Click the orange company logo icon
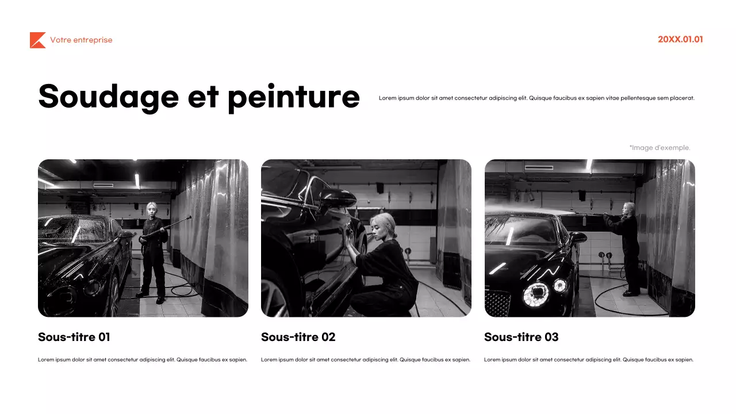tap(37, 40)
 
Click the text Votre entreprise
tap(81, 40)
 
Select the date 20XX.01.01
tap(680, 40)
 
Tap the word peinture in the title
tap(293, 96)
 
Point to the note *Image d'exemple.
tap(660, 148)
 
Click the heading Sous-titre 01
tap(74, 337)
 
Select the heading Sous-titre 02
tap(298, 337)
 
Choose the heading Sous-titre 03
tap(521, 337)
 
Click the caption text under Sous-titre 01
tap(143, 360)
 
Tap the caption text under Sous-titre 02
tap(366, 360)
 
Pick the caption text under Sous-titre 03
tap(589, 360)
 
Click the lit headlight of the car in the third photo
tap(535, 293)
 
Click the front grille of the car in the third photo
tap(498, 302)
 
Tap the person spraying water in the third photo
tap(630, 247)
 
